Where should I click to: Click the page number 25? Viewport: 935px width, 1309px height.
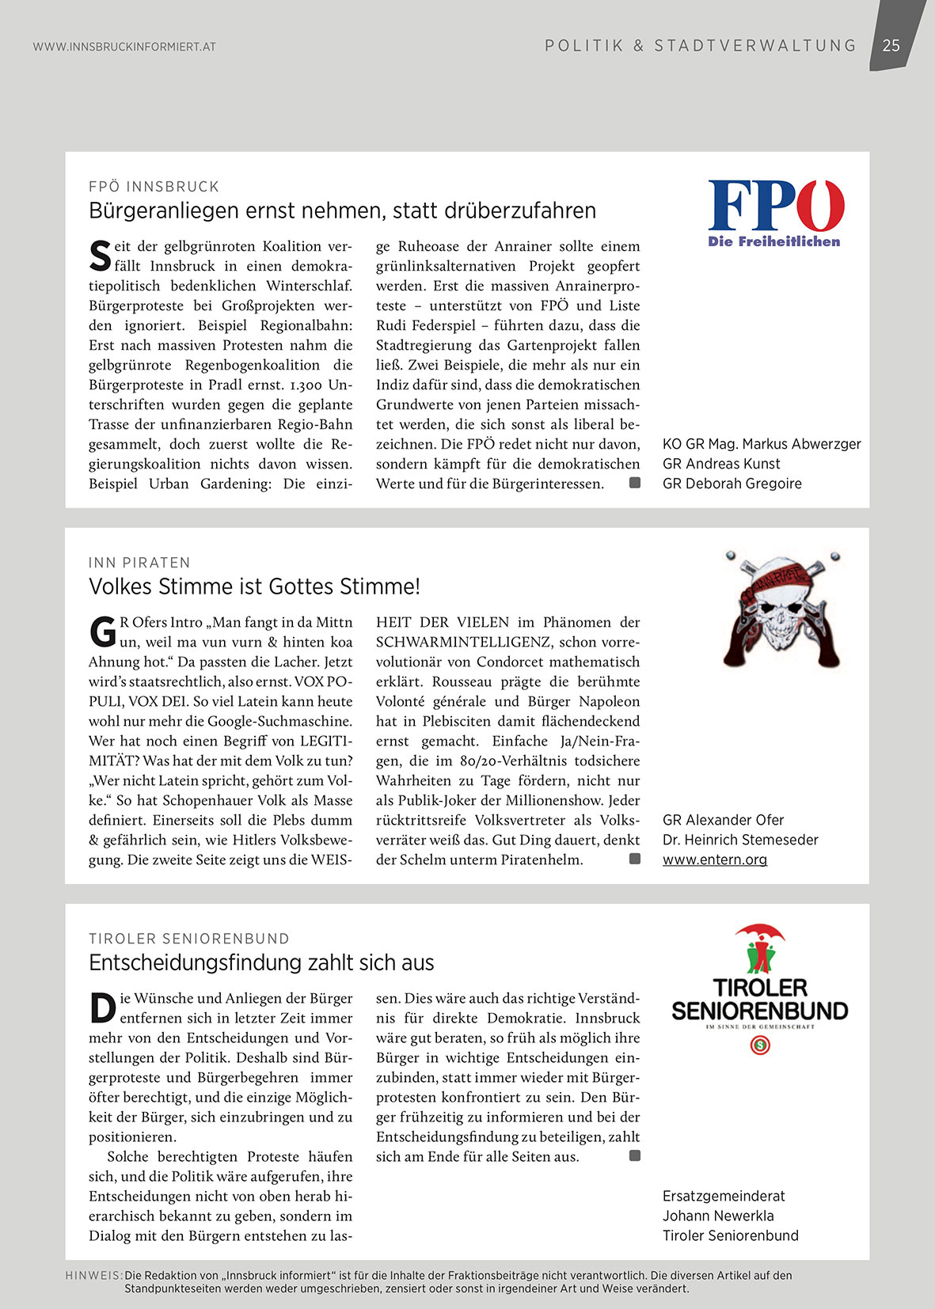891,46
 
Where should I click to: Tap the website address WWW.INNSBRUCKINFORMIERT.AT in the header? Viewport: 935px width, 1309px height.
124,47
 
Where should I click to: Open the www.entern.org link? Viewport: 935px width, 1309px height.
715,859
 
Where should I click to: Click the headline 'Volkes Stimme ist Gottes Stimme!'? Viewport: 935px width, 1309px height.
254,586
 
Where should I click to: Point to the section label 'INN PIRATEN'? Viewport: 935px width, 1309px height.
139,563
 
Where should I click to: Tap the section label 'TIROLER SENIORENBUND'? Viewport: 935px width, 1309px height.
189,939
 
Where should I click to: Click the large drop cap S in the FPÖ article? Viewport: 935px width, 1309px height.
100,256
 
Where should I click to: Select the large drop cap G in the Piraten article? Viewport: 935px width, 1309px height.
102,632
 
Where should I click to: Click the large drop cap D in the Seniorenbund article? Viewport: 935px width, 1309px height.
102,1007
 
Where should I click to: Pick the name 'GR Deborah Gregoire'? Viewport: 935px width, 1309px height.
732,484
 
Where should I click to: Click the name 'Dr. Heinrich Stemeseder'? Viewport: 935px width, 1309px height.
740,840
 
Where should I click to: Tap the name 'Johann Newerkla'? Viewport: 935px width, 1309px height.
718,1216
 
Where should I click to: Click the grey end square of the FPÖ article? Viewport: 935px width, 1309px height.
635,483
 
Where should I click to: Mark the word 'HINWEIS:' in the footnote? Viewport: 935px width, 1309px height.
93,1276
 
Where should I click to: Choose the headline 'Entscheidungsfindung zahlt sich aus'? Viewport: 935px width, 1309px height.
261,962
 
